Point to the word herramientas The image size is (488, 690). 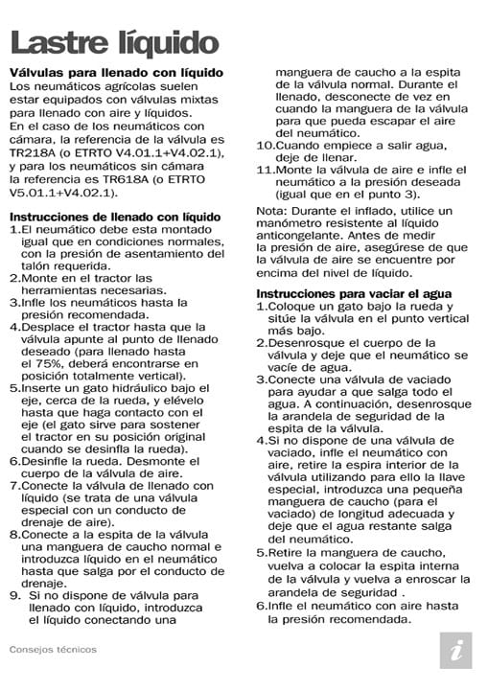[x=62, y=290]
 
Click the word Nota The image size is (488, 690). [x=272, y=211]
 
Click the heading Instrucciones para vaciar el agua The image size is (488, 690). [x=354, y=292]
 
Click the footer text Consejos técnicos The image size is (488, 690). [x=53, y=648]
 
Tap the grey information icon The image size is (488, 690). [x=455, y=650]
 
